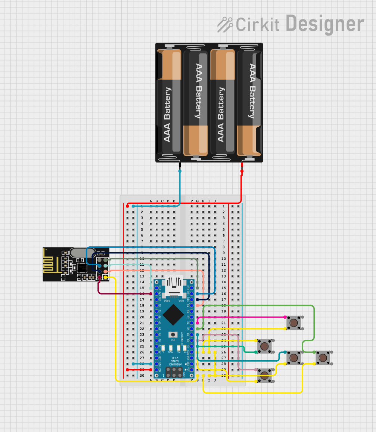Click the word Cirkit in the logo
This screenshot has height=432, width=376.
pos(257,25)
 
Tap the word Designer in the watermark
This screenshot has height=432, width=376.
pos(325,24)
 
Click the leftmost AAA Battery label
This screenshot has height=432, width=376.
pos(167,114)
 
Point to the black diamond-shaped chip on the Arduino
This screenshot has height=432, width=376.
pos(173,315)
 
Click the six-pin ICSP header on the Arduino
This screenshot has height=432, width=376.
pos(174,372)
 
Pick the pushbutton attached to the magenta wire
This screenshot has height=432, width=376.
pos(294,323)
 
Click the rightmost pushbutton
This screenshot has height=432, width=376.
pos(323,358)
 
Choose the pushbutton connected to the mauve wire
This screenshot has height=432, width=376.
pos(265,375)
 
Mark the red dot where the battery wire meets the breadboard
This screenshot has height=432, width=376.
pos(128,206)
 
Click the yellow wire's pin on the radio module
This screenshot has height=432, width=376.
pos(106,277)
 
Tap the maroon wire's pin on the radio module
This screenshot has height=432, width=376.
pos(100,277)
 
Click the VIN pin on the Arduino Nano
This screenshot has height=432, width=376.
pos(156,370)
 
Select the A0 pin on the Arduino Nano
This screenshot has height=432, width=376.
pos(156,305)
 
